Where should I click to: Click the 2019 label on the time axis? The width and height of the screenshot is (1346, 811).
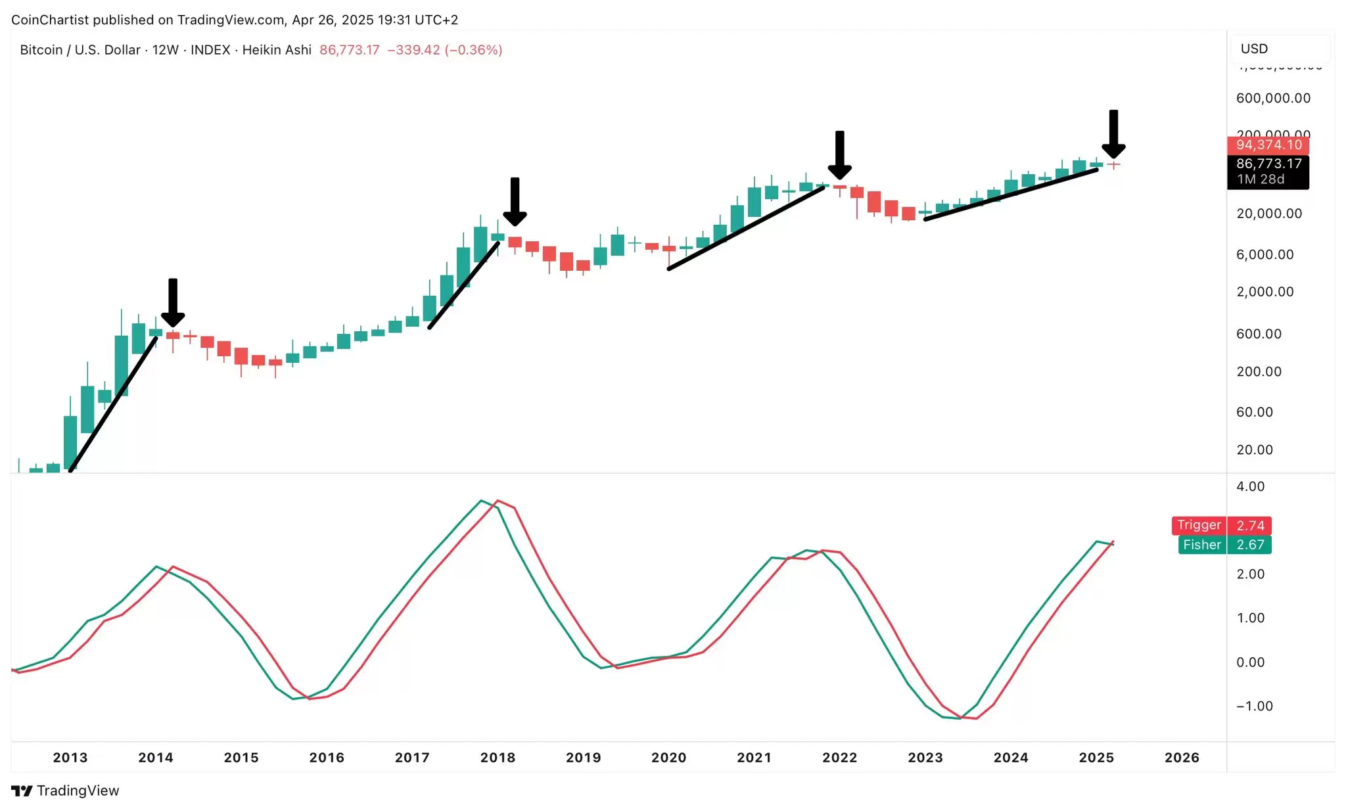[x=583, y=757]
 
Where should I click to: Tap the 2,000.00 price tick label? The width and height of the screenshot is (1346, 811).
[x=1265, y=292]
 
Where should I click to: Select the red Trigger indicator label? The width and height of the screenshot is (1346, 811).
[x=1199, y=525]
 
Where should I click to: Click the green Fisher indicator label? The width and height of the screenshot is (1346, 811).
[x=1201, y=545]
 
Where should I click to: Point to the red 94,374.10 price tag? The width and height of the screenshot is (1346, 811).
[x=1268, y=145]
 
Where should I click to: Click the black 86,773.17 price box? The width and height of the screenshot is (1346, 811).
[x=1268, y=171]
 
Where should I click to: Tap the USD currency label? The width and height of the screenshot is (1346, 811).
[x=1254, y=49]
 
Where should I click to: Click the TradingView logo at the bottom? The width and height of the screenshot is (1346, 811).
[x=66, y=791]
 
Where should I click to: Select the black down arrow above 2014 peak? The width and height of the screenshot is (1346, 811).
[x=173, y=302]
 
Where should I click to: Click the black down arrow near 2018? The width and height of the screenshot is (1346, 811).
[x=515, y=201]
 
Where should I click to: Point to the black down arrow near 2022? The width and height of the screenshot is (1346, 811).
[x=839, y=155]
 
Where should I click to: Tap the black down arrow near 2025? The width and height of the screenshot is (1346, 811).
[x=1113, y=134]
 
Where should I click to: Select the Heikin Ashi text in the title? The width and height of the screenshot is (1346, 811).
[x=277, y=50]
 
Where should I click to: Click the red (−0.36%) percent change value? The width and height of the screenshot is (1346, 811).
[x=473, y=50]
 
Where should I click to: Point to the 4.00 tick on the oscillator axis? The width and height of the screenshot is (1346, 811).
[x=1250, y=486]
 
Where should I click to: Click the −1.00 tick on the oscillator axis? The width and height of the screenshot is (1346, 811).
[x=1254, y=706]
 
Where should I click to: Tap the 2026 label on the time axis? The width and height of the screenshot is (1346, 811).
[x=1182, y=757]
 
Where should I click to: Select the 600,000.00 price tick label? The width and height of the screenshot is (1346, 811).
[x=1273, y=98]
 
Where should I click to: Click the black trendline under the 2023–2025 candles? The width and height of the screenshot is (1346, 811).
[x=1011, y=195]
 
